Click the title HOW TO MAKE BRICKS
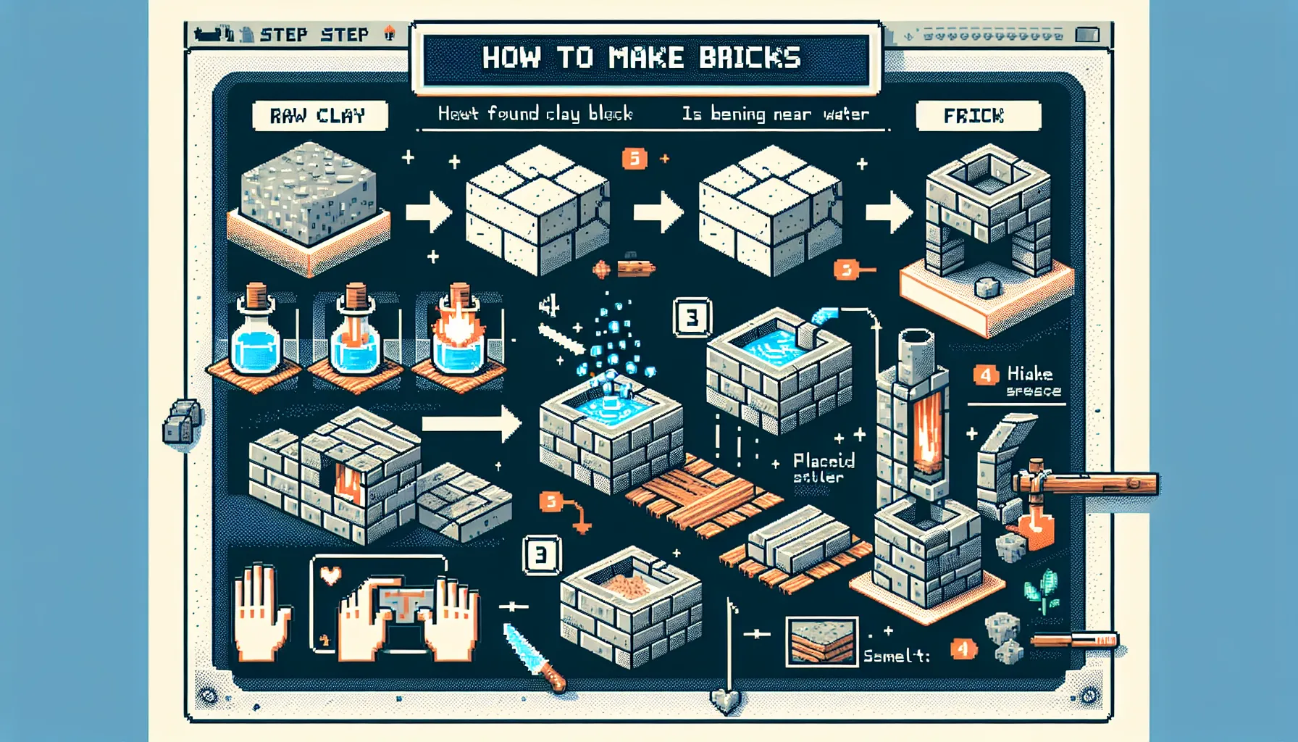click(x=642, y=58)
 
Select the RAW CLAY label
click(x=319, y=116)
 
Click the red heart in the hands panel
click(x=331, y=576)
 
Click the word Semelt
click(x=895, y=656)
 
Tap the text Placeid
click(x=824, y=461)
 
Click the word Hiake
click(x=1029, y=374)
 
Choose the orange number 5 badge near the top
click(x=635, y=158)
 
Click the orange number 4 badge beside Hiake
click(x=985, y=375)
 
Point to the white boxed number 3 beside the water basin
click(x=692, y=317)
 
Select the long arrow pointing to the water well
click(x=471, y=423)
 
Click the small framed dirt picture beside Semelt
click(x=821, y=641)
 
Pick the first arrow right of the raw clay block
click(x=428, y=212)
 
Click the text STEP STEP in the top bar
click(x=314, y=35)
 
